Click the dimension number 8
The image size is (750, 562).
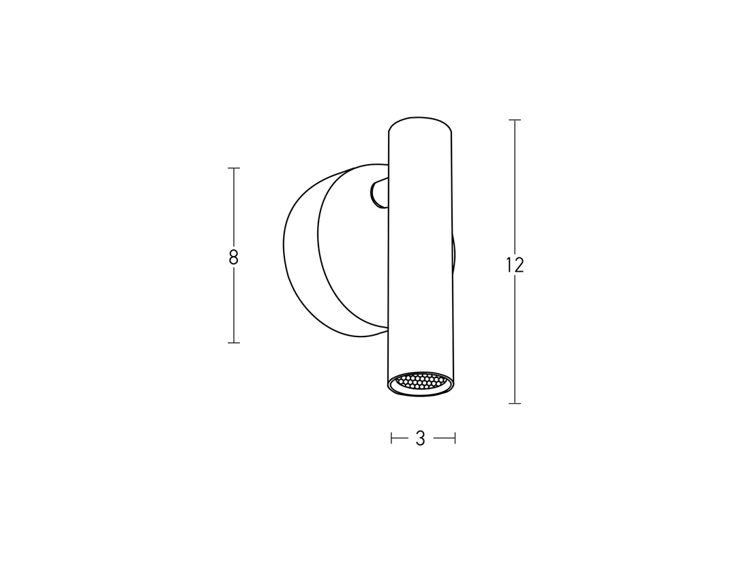(234, 257)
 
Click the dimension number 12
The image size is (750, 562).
(515, 265)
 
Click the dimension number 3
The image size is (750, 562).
(421, 439)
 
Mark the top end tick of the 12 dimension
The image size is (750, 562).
(515, 120)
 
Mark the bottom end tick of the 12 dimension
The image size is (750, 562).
(515, 403)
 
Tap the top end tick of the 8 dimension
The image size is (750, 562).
(234, 168)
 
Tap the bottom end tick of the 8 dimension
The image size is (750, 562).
(234, 342)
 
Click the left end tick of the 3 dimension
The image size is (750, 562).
(391, 439)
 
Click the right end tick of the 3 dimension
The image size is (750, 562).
(455, 439)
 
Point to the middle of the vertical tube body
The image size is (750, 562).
(419, 252)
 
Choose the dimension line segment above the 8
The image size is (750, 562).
(234, 208)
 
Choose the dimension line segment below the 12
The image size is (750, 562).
(515, 341)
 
